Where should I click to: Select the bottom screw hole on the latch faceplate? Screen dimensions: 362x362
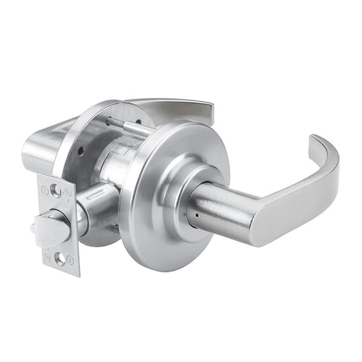(60, 259)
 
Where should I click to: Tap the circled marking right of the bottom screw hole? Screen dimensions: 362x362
(70, 260)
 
